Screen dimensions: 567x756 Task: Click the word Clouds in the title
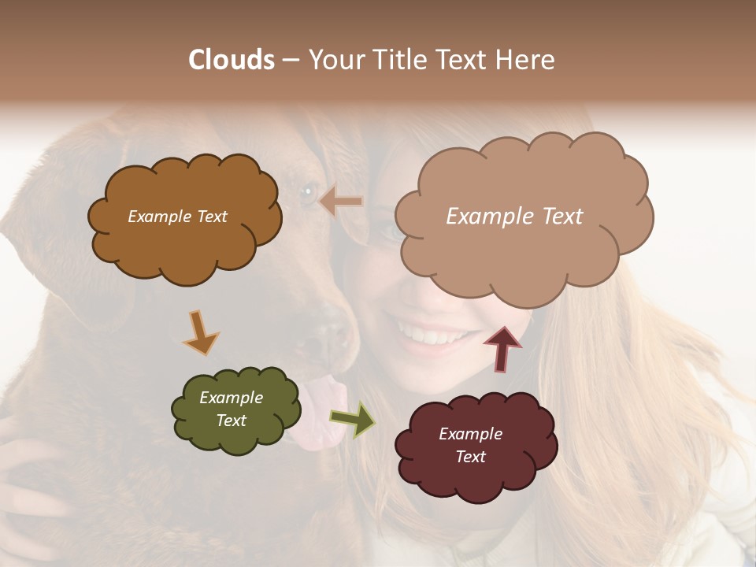click(x=232, y=60)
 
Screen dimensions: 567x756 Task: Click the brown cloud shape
click(x=184, y=252)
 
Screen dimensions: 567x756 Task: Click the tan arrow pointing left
click(x=342, y=202)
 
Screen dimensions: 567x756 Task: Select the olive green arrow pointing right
click(x=353, y=419)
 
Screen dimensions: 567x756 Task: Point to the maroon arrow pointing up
click(x=502, y=347)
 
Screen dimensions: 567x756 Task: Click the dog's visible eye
click(x=307, y=190)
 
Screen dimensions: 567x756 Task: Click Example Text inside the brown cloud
click(x=177, y=217)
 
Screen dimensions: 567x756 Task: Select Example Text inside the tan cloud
click(x=514, y=216)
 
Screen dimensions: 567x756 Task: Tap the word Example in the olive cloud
click(x=231, y=398)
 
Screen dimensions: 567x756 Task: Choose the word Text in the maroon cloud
click(x=470, y=457)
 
